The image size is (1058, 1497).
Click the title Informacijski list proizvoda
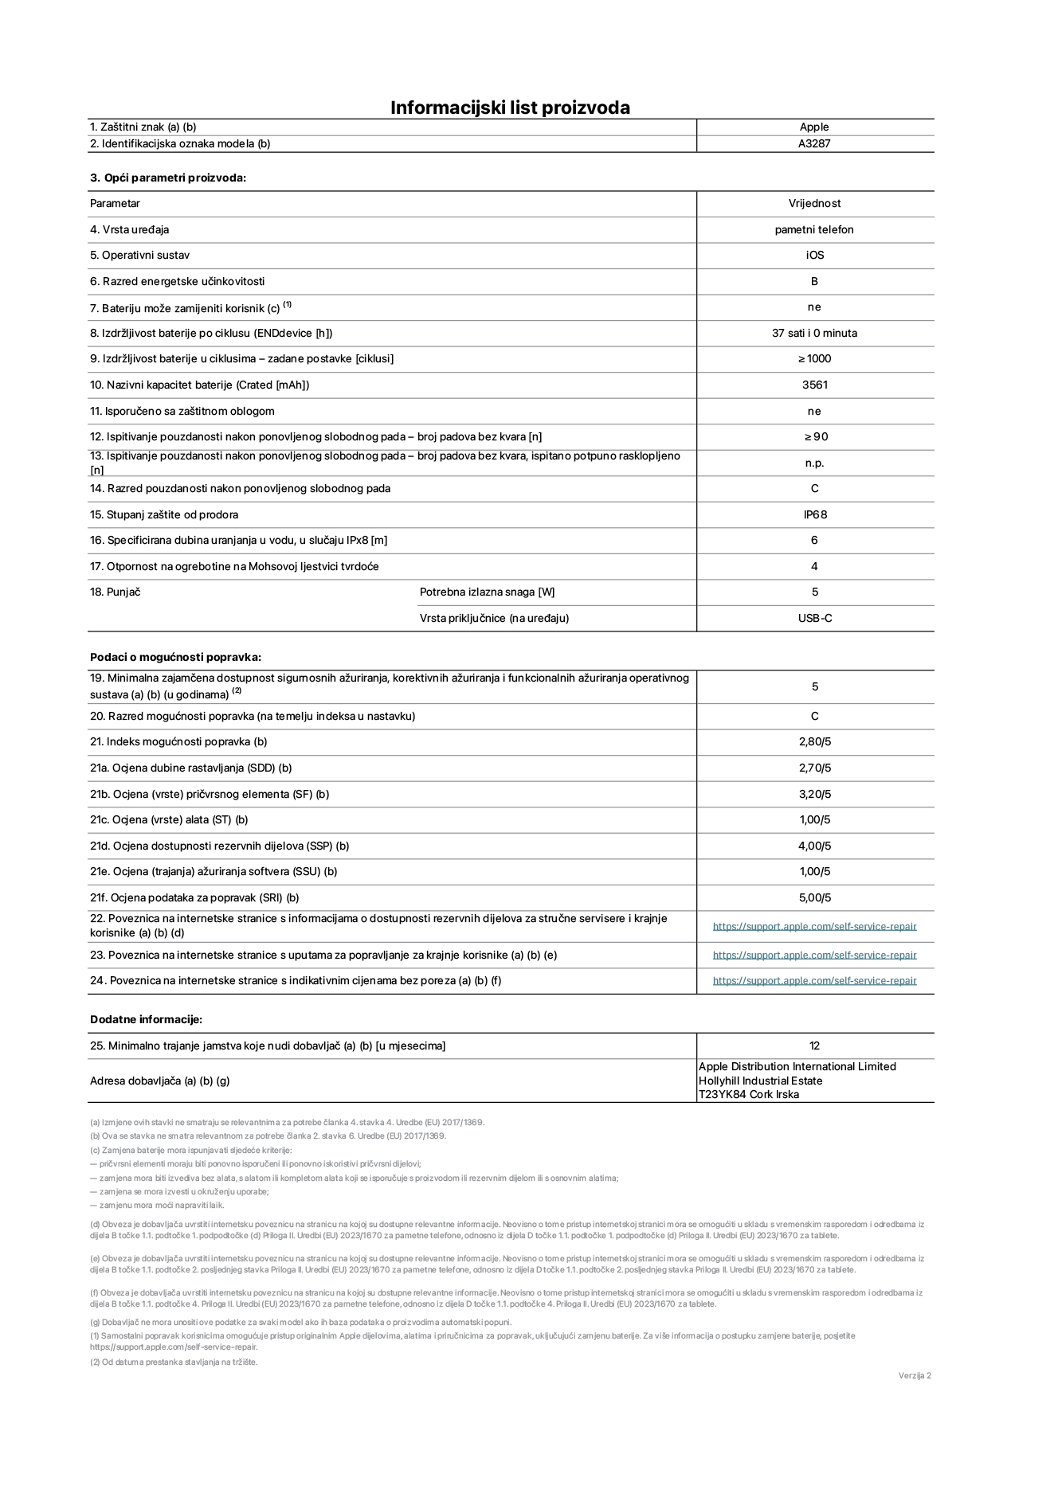[510, 107]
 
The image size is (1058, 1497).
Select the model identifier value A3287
[814, 144]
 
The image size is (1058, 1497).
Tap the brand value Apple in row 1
[814, 127]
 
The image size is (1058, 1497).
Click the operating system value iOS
[814, 256]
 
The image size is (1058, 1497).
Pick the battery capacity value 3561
[814, 385]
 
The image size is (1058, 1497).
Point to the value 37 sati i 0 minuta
[814, 333]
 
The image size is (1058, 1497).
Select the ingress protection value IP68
[814, 514]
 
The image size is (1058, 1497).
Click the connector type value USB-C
[814, 618]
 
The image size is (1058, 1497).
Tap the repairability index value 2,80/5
[814, 741]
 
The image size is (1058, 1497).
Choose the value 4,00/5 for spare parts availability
[814, 846]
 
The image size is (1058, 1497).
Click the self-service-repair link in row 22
[814, 926]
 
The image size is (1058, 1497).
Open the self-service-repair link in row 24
[814, 980]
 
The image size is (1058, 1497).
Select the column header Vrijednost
[814, 204]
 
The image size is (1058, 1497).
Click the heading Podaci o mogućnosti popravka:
[175, 657]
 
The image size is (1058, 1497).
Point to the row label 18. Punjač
[115, 592]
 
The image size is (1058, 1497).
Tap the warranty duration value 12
[814, 1046]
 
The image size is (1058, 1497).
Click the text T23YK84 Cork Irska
[749, 1094]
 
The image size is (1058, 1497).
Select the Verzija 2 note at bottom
[915, 1375]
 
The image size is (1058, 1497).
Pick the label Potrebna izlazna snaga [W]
[487, 592]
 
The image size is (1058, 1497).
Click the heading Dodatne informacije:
[146, 1019]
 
